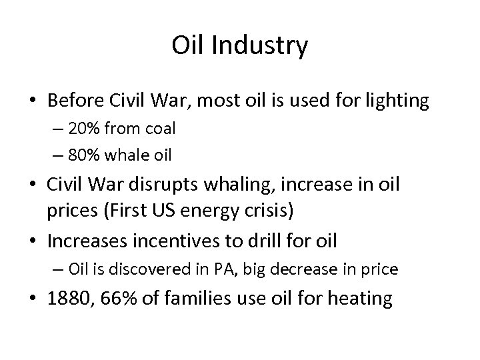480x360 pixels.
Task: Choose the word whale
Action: click(x=135, y=156)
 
